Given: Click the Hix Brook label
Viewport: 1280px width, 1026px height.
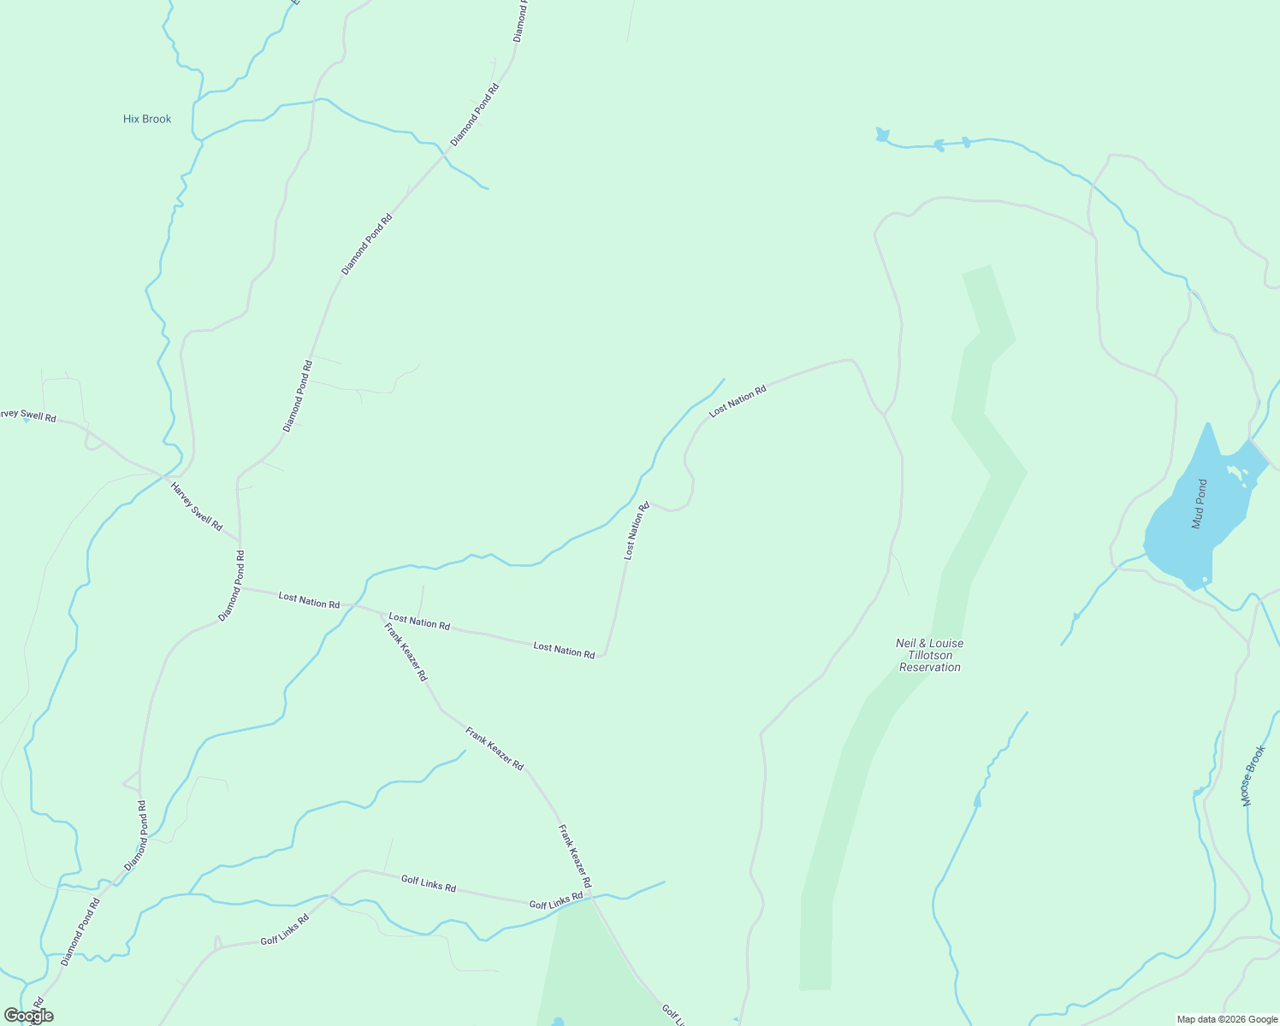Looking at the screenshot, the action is (x=147, y=119).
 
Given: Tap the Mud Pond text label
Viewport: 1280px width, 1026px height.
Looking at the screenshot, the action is (x=1200, y=504).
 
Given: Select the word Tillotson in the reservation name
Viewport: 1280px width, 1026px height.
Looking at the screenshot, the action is (x=930, y=655).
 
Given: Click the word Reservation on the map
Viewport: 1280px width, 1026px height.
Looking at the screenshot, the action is (x=930, y=667).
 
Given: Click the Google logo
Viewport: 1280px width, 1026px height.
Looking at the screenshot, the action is (x=28, y=1016).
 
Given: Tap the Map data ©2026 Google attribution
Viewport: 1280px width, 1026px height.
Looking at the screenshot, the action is (x=1226, y=1019).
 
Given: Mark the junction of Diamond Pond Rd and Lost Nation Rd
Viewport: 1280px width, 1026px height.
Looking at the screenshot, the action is (x=240, y=587).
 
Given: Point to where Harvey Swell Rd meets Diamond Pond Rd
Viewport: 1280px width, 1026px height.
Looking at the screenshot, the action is (x=240, y=542).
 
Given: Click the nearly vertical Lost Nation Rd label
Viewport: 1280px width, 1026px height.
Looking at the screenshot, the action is (x=636, y=531).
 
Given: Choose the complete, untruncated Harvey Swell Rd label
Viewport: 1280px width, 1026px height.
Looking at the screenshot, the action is (x=196, y=506).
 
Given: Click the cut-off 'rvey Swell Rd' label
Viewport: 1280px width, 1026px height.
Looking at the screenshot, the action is (x=27, y=416).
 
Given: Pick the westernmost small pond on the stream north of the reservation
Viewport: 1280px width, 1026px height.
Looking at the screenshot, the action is (x=882, y=134).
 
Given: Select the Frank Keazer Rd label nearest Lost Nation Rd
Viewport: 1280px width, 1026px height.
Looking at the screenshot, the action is (x=406, y=652).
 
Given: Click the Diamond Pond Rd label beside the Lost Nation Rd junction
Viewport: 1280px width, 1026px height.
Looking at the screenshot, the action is (x=232, y=586).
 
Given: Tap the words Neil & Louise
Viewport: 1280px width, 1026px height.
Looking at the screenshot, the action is (x=929, y=643).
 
